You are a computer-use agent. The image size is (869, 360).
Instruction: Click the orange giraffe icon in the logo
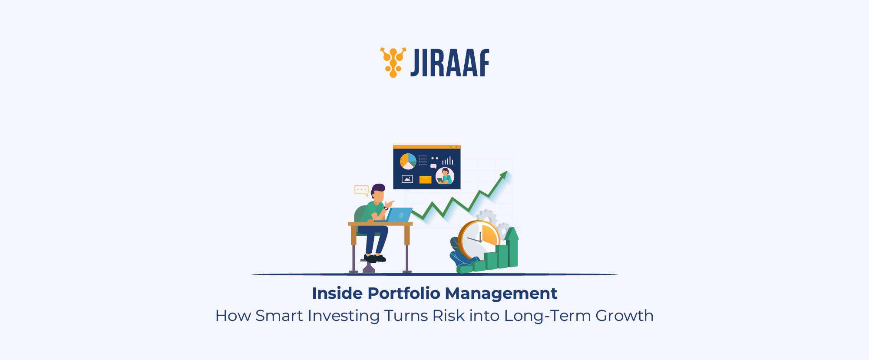[x=393, y=63]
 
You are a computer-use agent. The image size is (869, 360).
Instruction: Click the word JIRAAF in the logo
[x=450, y=63]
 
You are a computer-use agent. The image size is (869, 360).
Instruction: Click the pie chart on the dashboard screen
[x=408, y=161]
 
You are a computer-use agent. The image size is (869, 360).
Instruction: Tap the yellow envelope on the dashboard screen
[x=425, y=179]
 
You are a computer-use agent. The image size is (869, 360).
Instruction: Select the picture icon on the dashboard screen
[x=407, y=179]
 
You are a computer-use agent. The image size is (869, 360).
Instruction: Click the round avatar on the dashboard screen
[x=445, y=176]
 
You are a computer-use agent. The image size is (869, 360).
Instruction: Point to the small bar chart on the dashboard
[x=448, y=161]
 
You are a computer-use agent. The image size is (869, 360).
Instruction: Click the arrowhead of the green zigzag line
[x=504, y=175]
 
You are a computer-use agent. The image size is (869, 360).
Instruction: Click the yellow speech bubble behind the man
[x=361, y=190]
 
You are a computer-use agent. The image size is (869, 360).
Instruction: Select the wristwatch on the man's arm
[x=386, y=208]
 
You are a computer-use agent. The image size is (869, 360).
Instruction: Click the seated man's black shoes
[x=375, y=259]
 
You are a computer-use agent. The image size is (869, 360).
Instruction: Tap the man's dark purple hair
[x=378, y=188]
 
